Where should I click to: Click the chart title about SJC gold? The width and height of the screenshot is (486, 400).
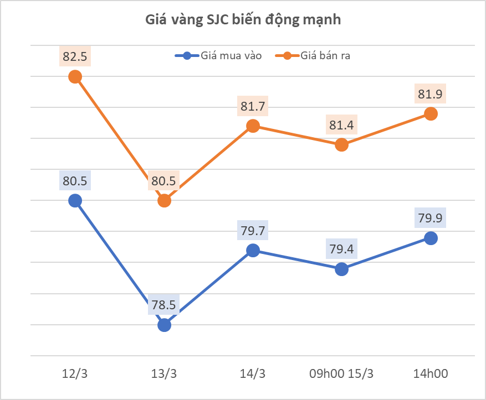[x=243, y=20]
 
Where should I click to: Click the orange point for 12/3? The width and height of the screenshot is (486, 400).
[x=75, y=77]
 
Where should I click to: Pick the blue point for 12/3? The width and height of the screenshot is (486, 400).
[x=75, y=201]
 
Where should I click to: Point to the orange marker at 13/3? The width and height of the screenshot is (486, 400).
[x=164, y=201]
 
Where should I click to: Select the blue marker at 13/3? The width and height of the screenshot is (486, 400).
[x=164, y=325]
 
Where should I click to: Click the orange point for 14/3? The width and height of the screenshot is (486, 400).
[x=253, y=126]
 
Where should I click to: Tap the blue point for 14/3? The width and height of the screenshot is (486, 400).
[x=253, y=251]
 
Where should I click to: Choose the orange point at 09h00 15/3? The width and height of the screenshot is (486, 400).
[x=342, y=145]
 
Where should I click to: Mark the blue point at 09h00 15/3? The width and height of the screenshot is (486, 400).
[x=342, y=269]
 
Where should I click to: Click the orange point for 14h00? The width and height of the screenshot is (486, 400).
[x=431, y=114]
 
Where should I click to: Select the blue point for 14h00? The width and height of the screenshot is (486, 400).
[x=431, y=238]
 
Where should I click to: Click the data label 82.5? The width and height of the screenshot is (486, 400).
[x=75, y=56]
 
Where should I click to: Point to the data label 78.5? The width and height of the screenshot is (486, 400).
[x=164, y=305]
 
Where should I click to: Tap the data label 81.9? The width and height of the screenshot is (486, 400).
[x=431, y=94]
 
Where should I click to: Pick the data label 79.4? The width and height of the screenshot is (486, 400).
[x=342, y=249]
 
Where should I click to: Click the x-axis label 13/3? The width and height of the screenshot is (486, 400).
[x=164, y=374]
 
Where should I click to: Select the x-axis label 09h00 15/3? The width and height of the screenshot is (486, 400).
[x=341, y=374]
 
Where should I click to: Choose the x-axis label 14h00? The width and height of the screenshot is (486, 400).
[x=431, y=374]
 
